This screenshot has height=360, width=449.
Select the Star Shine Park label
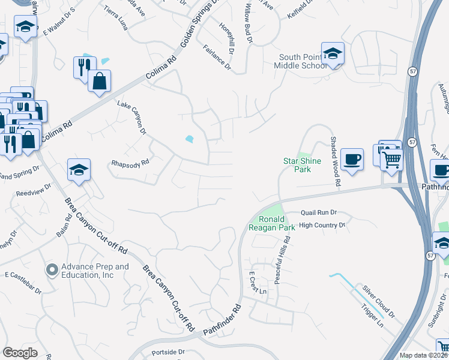pos(303,165)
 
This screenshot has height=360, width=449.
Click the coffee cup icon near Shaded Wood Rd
pos(352,160)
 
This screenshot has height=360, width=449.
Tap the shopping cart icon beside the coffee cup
pos(391,160)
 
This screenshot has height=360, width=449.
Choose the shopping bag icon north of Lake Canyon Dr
pos(100,81)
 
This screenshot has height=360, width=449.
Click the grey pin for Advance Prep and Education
pos(52,271)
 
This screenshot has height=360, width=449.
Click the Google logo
pos(20,353)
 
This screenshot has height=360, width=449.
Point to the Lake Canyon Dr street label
pos(132,117)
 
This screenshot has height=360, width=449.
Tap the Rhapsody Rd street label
pos(130,162)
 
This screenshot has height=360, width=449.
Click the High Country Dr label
pos(323,225)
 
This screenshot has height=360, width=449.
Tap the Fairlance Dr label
pos(217,59)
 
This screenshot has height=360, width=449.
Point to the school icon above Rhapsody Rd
pos(79,170)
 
